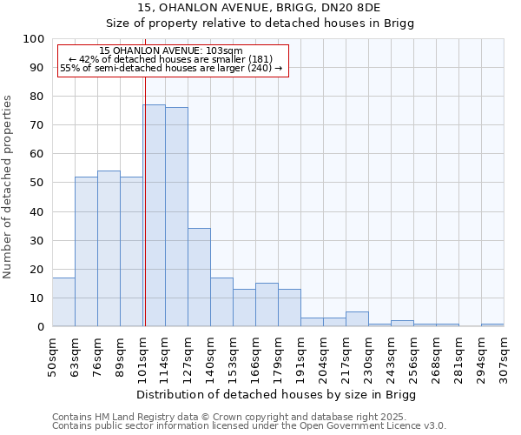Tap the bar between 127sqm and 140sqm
[199, 278]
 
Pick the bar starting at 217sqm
[357, 319]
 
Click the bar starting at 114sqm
[176, 217]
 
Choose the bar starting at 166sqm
[267, 304]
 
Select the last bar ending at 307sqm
[492, 325]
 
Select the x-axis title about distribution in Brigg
[277, 395]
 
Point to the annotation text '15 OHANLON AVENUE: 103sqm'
[171, 51]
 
